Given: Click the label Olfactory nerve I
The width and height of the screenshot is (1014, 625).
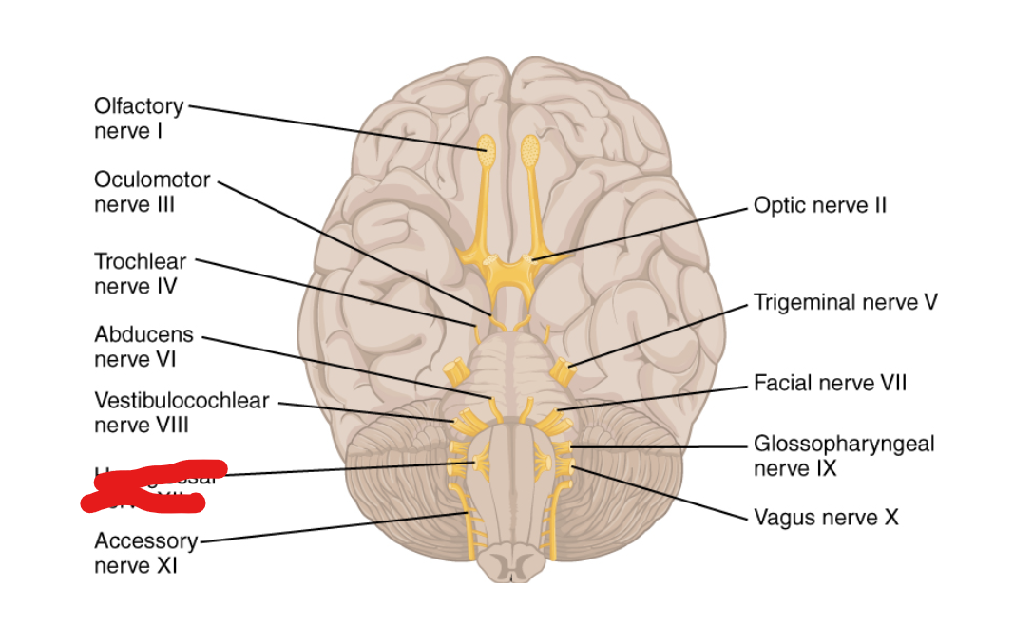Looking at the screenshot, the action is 138,118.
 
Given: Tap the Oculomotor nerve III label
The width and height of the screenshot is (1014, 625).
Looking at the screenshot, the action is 151,192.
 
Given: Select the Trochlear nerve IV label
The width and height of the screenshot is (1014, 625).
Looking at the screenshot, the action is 140,273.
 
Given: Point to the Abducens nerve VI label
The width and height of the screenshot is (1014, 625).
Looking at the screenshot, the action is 143,347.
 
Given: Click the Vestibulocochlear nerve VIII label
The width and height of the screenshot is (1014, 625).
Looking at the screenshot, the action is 181,412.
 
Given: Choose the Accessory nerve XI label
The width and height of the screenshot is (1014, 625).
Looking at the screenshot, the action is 144,553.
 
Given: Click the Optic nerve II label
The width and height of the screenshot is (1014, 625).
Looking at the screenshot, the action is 819,205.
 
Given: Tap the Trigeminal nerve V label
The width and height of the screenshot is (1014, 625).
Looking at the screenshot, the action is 845,302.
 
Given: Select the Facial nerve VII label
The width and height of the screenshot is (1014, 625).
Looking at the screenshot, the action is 830,383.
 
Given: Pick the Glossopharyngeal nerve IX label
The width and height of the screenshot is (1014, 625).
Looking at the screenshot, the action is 843,455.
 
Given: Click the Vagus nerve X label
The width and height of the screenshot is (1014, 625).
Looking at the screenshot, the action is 825,517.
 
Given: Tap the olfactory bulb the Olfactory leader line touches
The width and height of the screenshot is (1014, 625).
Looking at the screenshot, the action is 486,147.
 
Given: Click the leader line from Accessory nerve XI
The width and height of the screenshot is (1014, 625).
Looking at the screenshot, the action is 333,527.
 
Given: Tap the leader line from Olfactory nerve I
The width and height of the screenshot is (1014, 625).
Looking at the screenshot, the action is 333,125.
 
